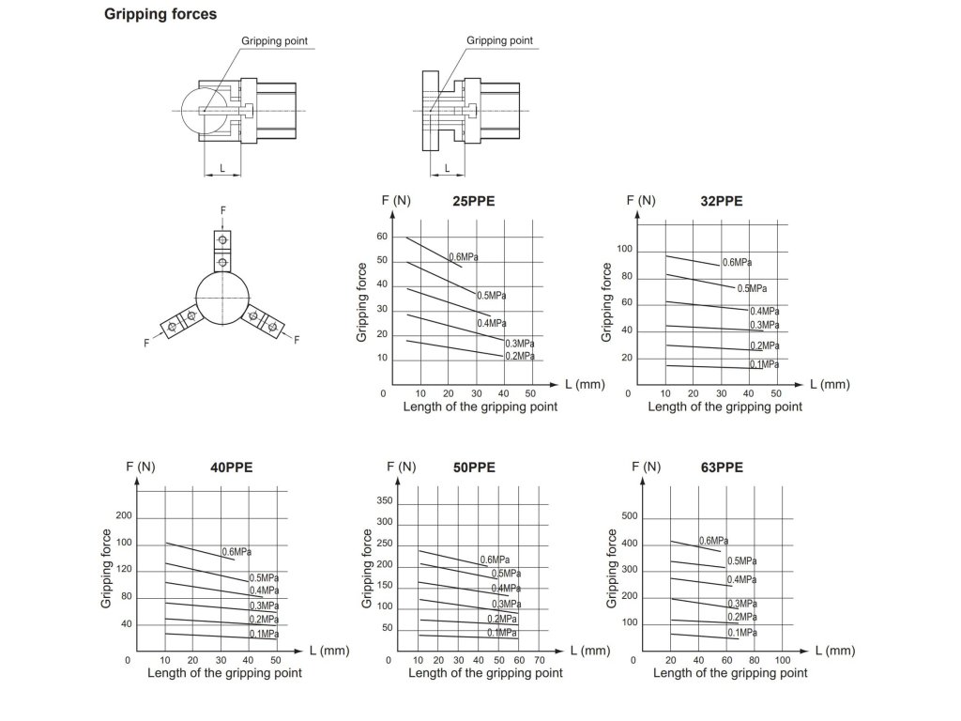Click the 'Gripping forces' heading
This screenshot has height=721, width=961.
pos(160,14)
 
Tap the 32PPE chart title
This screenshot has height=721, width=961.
pos(721,201)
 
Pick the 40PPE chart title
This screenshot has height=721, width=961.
pos(231,467)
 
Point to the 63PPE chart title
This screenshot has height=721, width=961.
pos(722,467)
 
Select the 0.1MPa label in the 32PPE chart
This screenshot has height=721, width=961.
pos(764,363)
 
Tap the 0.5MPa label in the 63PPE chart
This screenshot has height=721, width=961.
pos(741,560)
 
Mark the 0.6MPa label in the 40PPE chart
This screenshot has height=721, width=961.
pos(236,551)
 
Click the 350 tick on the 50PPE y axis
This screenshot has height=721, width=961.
pos(384,501)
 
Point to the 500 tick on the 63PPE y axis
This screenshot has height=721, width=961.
pos(629,516)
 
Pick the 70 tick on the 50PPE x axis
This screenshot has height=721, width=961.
pos(539,661)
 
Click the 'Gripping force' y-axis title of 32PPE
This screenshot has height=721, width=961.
pos(607,302)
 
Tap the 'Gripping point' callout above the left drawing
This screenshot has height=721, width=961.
pos(275,41)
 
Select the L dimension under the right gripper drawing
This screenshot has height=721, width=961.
pos(447,168)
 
